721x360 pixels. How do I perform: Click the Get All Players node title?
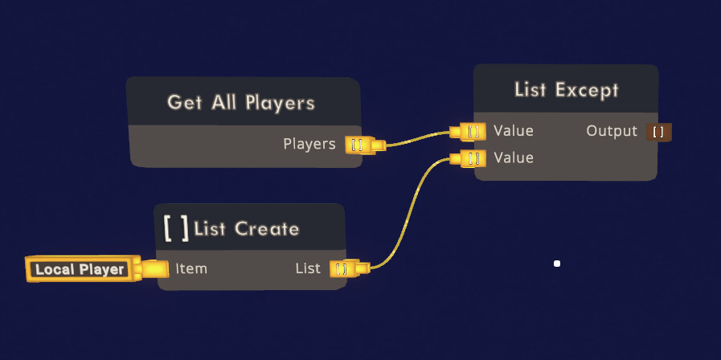tap(240, 103)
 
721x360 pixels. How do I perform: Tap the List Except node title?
tap(566, 90)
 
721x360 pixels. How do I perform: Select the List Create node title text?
tap(247, 229)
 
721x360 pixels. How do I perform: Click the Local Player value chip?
tap(80, 269)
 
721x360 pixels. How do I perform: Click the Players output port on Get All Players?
tap(357, 145)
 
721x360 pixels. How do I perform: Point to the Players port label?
tap(309, 144)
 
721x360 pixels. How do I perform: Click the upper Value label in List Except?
tap(514, 130)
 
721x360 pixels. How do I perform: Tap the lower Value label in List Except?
tap(514, 157)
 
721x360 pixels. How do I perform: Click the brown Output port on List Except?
tap(658, 131)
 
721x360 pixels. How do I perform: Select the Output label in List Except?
tap(612, 130)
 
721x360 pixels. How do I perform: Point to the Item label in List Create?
tap(191, 268)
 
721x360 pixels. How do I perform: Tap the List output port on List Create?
tap(342, 268)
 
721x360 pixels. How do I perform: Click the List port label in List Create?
tap(308, 268)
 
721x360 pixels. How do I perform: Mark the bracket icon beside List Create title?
tap(176, 228)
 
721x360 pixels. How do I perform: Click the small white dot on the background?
tap(556, 264)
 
